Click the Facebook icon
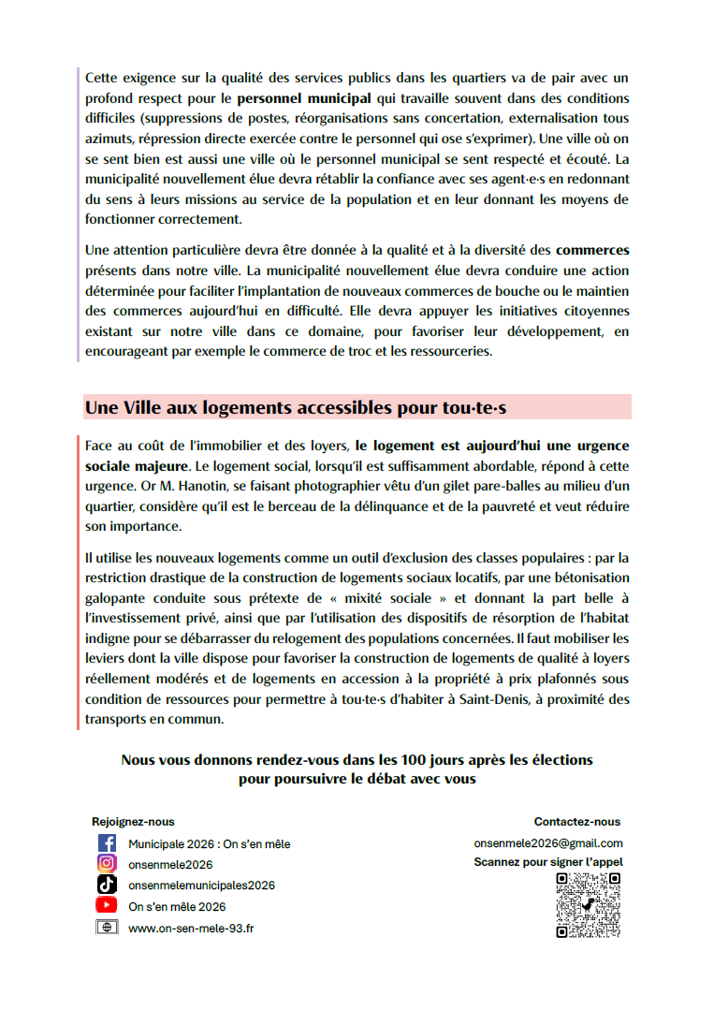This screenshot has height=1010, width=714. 107,843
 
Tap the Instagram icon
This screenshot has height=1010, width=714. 107,864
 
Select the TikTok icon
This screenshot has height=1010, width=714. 107,885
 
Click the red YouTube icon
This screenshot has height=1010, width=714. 107,905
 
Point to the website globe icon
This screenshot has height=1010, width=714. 107,927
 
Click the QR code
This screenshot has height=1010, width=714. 588,905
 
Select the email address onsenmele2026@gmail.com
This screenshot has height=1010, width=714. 548,843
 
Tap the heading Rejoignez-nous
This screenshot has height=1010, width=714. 133,822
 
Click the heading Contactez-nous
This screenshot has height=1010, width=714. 577,822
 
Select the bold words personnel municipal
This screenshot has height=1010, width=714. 304,97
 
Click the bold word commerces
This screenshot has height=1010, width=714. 592,250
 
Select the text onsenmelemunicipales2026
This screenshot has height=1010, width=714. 202,885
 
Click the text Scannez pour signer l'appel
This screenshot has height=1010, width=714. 548,862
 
